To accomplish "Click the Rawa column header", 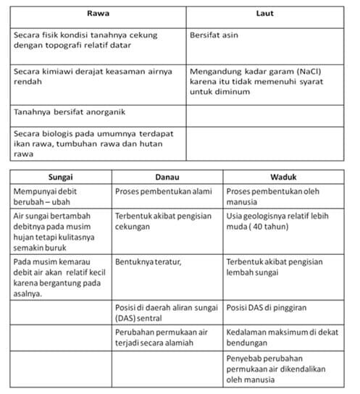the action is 98,14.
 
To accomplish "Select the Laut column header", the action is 264,14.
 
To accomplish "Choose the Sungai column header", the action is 60,177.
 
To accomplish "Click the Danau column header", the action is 167,177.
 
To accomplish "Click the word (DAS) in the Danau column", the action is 127,318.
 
